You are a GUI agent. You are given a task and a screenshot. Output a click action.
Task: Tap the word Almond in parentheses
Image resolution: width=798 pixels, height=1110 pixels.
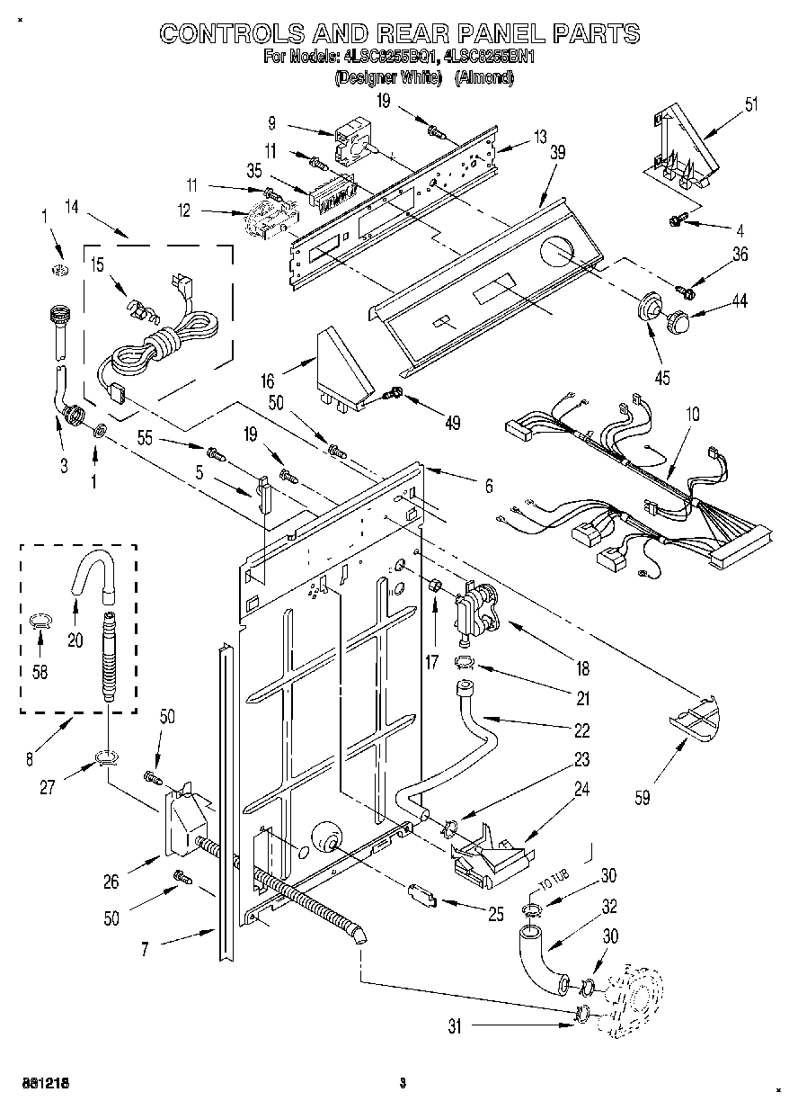(x=484, y=78)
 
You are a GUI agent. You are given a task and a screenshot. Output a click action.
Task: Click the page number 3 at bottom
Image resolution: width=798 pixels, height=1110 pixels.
(x=403, y=1082)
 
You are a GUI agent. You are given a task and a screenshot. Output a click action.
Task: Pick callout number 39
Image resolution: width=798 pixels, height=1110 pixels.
(x=557, y=153)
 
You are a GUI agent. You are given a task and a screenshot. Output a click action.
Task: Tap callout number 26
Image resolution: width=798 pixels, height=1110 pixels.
(x=111, y=882)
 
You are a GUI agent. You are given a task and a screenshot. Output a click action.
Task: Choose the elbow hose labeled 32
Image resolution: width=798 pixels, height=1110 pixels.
(x=540, y=962)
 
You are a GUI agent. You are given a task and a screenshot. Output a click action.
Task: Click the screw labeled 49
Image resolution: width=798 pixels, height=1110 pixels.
(x=392, y=393)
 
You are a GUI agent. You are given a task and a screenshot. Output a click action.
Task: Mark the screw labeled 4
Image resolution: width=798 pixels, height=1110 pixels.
(x=677, y=219)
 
